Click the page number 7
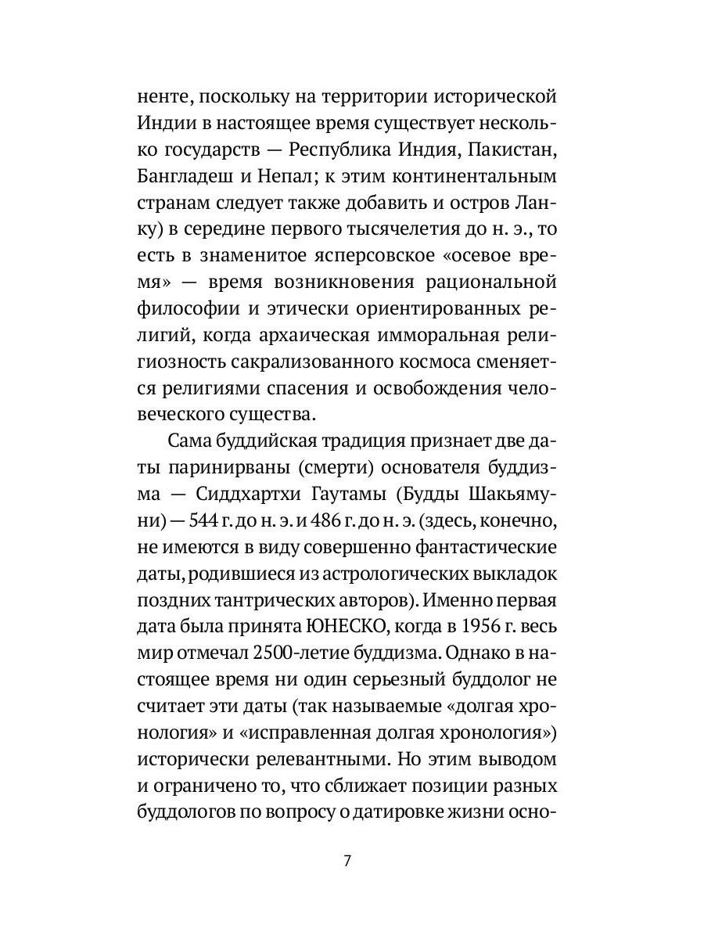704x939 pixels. pos(347,862)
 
